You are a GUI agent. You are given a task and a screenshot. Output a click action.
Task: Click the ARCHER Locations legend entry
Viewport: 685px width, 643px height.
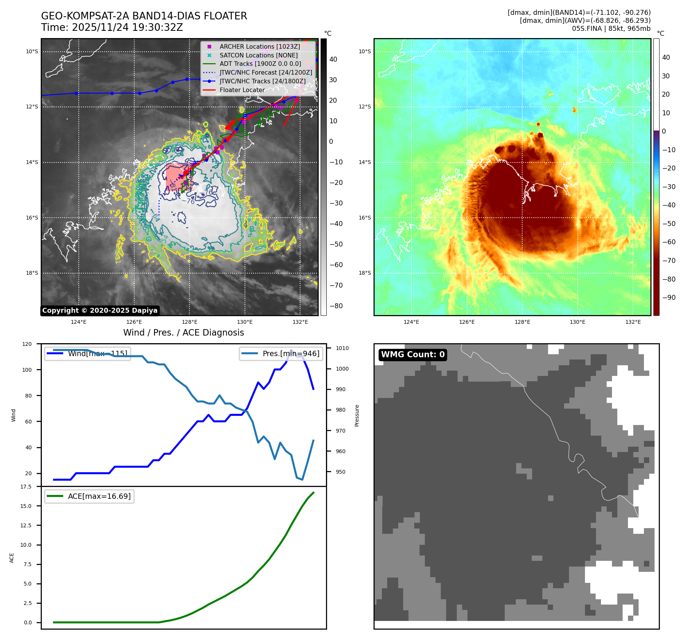(x=259, y=46)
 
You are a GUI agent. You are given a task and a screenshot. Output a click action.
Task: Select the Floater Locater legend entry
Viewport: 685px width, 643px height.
(x=242, y=90)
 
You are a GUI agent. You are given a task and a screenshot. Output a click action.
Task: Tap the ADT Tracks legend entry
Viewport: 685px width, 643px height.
(x=260, y=64)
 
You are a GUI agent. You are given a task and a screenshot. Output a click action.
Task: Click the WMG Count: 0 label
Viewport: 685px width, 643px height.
(x=413, y=355)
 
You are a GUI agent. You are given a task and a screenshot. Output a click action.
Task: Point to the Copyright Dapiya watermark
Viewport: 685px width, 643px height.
(x=100, y=310)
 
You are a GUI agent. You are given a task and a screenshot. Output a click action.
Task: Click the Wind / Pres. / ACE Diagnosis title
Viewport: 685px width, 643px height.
(x=183, y=333)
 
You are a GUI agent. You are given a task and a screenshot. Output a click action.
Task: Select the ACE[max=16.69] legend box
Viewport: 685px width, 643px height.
(x=89, y=496)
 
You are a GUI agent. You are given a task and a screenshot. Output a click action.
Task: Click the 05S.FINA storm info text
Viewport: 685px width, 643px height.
(x=611, y=29)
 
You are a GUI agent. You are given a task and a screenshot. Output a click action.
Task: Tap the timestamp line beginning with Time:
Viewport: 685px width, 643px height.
(x=112, y=27)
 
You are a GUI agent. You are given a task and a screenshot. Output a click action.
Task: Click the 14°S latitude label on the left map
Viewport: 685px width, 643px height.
(x=32, y=162)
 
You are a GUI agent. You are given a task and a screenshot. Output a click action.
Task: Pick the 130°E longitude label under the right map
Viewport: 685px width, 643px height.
(x=577, y=322)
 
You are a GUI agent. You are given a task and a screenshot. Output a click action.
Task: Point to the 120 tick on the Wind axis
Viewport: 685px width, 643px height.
(x=27, y=344)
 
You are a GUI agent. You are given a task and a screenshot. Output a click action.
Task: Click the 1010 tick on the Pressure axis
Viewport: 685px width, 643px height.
(x=342, y=348)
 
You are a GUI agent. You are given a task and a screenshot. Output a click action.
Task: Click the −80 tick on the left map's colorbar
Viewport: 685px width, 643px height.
(x=336, y=306)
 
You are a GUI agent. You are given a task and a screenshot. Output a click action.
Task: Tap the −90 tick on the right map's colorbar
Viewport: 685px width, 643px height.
(x=669, y=298)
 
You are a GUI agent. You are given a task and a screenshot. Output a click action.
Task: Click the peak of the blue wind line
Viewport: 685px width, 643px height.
(x=291, y=350)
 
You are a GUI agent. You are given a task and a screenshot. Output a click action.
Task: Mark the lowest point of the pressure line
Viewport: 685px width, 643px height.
(x=302, y=480)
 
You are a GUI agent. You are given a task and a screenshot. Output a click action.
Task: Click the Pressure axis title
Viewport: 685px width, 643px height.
(x=357, y=415)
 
